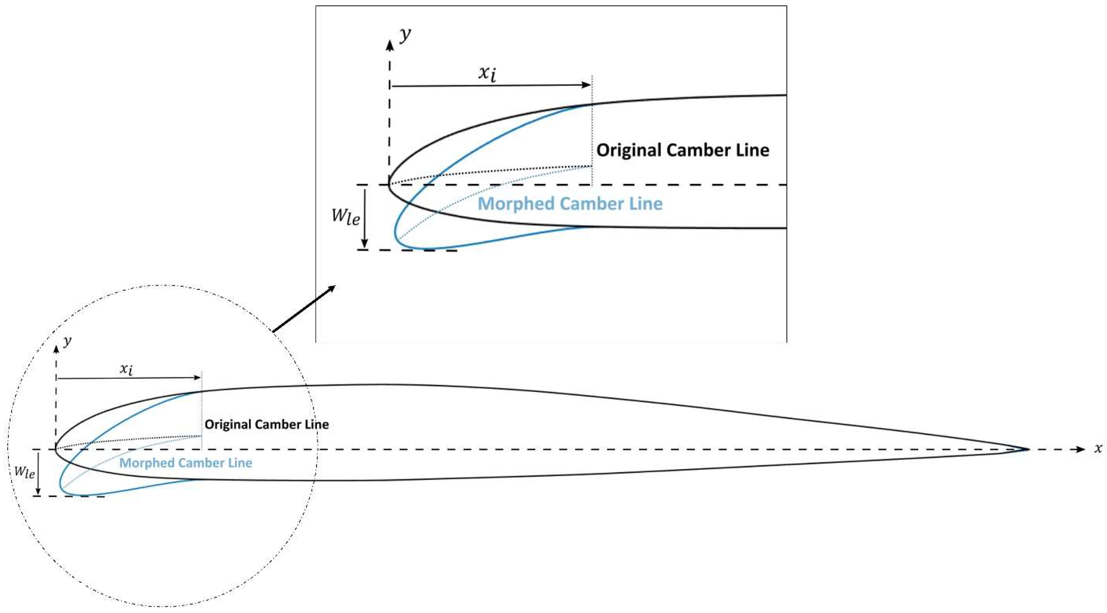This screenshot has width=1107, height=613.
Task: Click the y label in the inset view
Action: pyautogui.click(x=405, y=35)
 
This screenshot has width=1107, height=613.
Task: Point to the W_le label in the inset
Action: pyautogui.click(x=346, y=216)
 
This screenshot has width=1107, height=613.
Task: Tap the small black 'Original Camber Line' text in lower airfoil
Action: pyautogui.click(x=267, y=424)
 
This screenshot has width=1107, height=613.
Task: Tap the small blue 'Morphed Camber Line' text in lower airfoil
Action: pyautogui.click(x=186, y=463)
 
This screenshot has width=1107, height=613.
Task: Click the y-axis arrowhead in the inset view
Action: pyautogui.click(x=389, y=45)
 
